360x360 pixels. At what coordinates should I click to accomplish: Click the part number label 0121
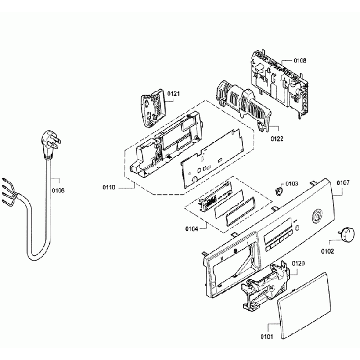[173, 94]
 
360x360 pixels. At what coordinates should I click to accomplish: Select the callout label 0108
[300, 60]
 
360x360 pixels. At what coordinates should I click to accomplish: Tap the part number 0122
[277, 139]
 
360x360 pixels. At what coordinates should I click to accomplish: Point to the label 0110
[109, 188]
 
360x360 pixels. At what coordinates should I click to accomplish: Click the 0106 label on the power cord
[58, 191]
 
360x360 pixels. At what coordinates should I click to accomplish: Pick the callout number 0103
[291, 183]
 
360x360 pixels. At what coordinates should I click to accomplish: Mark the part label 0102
[327, 251]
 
